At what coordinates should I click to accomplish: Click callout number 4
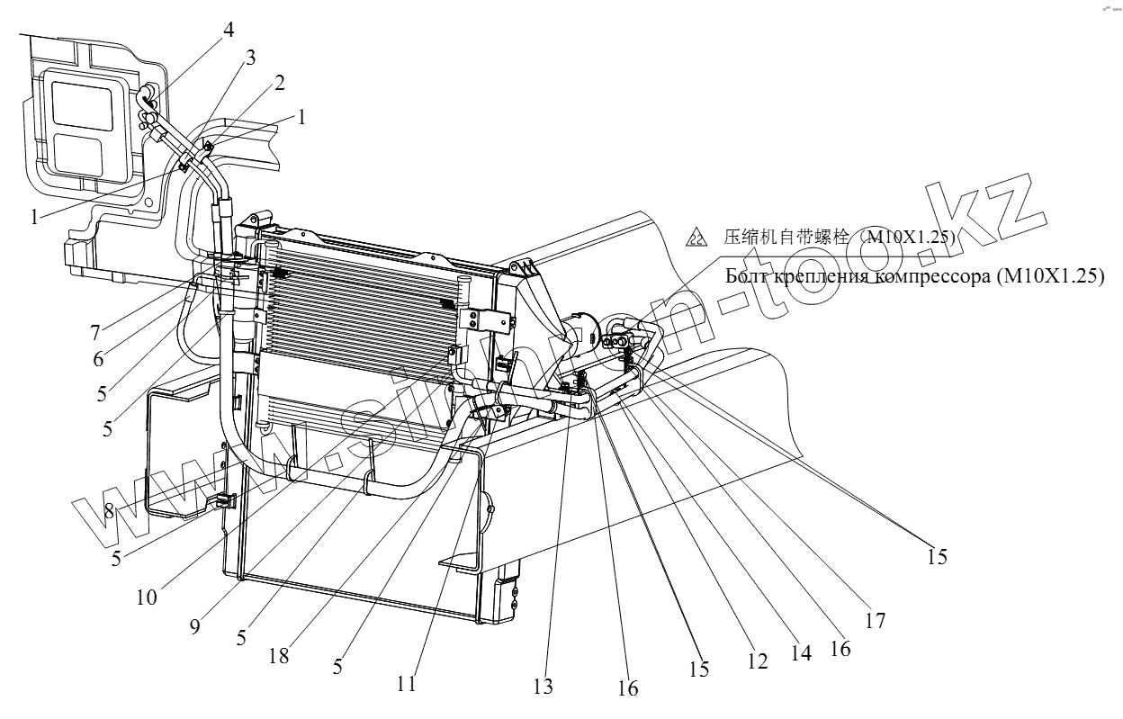[x=229, y=30]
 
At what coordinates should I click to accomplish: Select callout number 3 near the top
[x=250, y=58]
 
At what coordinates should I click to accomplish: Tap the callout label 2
[x=280, y=84]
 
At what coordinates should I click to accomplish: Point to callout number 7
[x=94, y=332]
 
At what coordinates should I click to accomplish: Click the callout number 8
[x=109, y=510]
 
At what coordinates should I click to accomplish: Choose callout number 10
[x=148, y=596]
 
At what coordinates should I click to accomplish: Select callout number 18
[x=279, y=656]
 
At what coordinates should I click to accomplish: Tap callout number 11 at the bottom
[x=407, y=684]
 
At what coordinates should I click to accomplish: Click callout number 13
[x=543, y=688]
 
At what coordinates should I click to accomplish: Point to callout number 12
[x=757, y=661]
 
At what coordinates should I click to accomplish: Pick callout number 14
[x=800, y=653]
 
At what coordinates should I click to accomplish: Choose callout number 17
[x=875, y=620]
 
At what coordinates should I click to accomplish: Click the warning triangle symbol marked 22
[x=696, y=238]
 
